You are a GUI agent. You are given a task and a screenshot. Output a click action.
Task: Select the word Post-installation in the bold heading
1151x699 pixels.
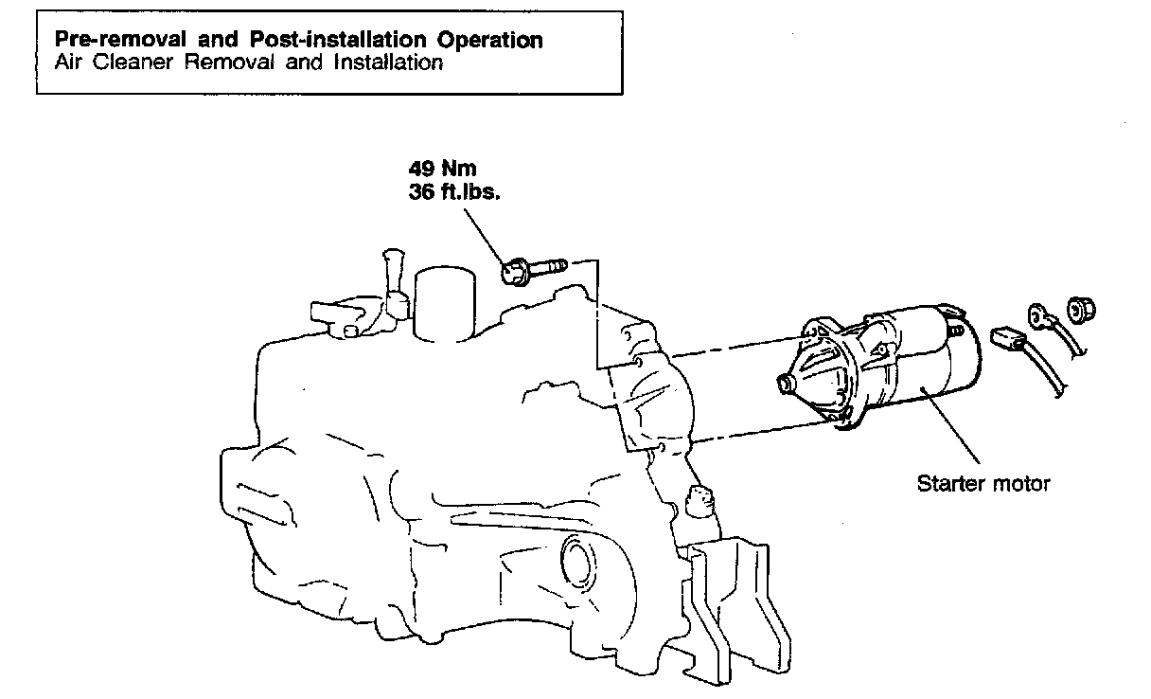333,41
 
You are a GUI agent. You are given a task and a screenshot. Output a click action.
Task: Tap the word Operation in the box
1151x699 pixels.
490,41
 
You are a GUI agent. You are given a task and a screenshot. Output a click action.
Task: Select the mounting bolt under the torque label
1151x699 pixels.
530,268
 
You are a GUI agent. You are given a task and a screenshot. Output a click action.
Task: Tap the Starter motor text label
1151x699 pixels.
983,484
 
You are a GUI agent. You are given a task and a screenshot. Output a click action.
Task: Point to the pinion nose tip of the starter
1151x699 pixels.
785,383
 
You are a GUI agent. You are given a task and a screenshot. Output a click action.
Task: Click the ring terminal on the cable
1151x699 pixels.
1038,314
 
